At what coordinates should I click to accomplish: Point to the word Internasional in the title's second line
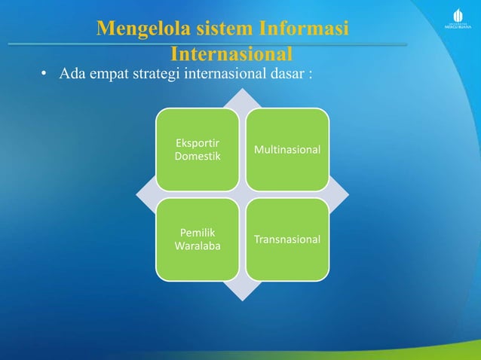coord(231,55)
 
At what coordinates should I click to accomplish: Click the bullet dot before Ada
coord(44,76)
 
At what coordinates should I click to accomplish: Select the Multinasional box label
coord(287,150)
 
